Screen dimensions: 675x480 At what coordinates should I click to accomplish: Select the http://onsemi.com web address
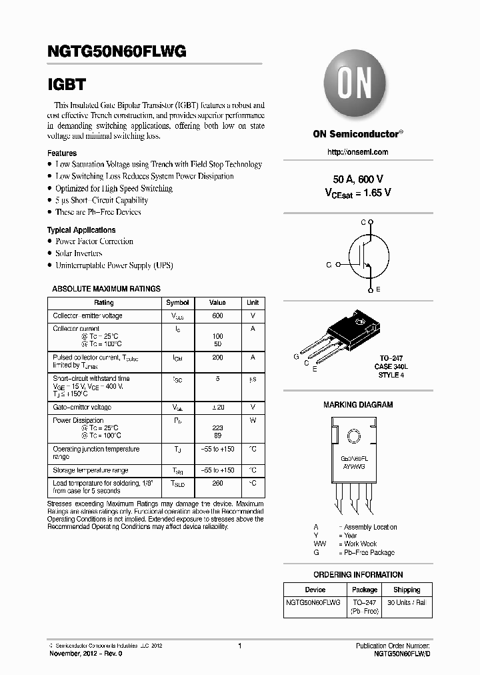pos(358,152)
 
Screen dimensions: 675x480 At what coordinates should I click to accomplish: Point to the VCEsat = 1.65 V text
pos(358,192)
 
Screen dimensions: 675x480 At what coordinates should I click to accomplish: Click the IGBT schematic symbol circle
pos(367,257)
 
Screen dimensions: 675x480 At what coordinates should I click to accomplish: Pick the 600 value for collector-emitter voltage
pos(217,315)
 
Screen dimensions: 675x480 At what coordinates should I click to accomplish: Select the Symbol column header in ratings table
pos(177,303)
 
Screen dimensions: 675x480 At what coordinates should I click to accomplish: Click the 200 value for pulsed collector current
pos(217,358)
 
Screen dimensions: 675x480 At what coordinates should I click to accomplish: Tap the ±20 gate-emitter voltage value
pos(217,407)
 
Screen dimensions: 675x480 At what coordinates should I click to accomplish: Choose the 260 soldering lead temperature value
pos(217,483)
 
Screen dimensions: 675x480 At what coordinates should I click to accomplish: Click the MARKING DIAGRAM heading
pos(358,405)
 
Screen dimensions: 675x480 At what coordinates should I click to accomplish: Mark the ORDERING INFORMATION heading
pos(358,575)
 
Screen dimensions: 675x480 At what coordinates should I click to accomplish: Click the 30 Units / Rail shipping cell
pos(406,602)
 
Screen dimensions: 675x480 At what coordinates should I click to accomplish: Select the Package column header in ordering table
pos(365,590)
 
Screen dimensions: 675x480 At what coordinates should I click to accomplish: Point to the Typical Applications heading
pos(81,230)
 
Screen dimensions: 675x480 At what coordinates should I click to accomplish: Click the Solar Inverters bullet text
pos(79,253)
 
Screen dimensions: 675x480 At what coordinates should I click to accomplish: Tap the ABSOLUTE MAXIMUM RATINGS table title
pos(107,289)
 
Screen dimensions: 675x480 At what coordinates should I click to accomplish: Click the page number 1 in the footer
pos(239,646)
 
